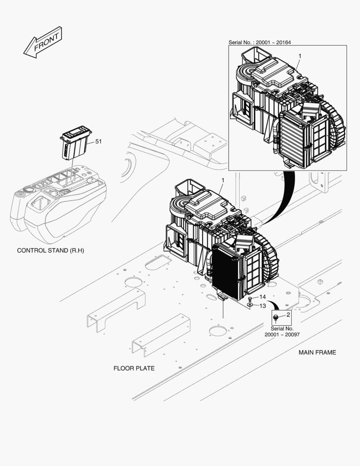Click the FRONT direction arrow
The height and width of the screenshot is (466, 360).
tap(43, 42)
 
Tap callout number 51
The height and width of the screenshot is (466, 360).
tap(98, 142)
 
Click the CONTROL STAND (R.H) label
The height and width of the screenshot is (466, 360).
tap(50, 251)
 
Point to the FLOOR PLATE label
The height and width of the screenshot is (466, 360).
tap(134, 368)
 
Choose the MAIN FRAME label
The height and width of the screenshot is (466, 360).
tap(317, 353)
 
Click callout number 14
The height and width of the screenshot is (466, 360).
tap(263, 297)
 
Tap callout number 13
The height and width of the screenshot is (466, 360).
tap(263, 306)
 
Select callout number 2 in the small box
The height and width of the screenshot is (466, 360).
tap(288, 315)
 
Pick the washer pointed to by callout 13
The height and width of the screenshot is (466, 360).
tap(250, 305)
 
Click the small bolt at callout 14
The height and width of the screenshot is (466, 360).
tap(250, 299)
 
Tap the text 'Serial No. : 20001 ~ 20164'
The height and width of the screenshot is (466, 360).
tap(260, 42)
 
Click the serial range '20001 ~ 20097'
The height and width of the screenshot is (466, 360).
tap(282, 335)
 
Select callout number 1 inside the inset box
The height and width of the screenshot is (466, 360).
tap(300, 56)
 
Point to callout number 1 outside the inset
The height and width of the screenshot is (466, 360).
tap(223, 180)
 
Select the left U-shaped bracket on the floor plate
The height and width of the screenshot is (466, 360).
tap(116, 309)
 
